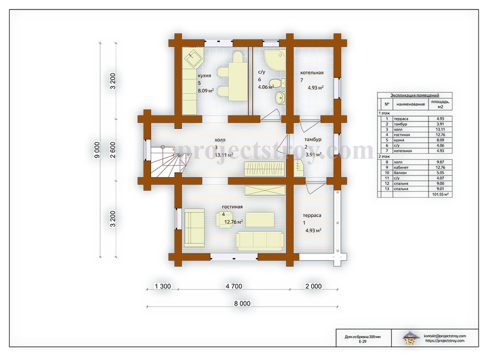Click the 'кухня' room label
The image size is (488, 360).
204,75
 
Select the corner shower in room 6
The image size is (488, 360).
275,60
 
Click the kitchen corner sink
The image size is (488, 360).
193,58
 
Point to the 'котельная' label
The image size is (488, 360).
312,72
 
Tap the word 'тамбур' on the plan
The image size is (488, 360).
313,139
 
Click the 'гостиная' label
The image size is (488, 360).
232,207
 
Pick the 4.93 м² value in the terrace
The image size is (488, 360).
313,230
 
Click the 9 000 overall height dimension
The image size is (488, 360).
97,150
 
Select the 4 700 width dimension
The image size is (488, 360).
234,286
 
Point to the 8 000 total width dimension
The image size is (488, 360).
242,303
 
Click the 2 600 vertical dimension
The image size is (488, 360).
113,150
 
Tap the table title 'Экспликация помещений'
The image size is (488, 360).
415,95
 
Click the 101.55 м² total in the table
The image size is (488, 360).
440,194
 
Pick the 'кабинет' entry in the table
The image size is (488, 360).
401,168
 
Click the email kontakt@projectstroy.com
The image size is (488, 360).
445,336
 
